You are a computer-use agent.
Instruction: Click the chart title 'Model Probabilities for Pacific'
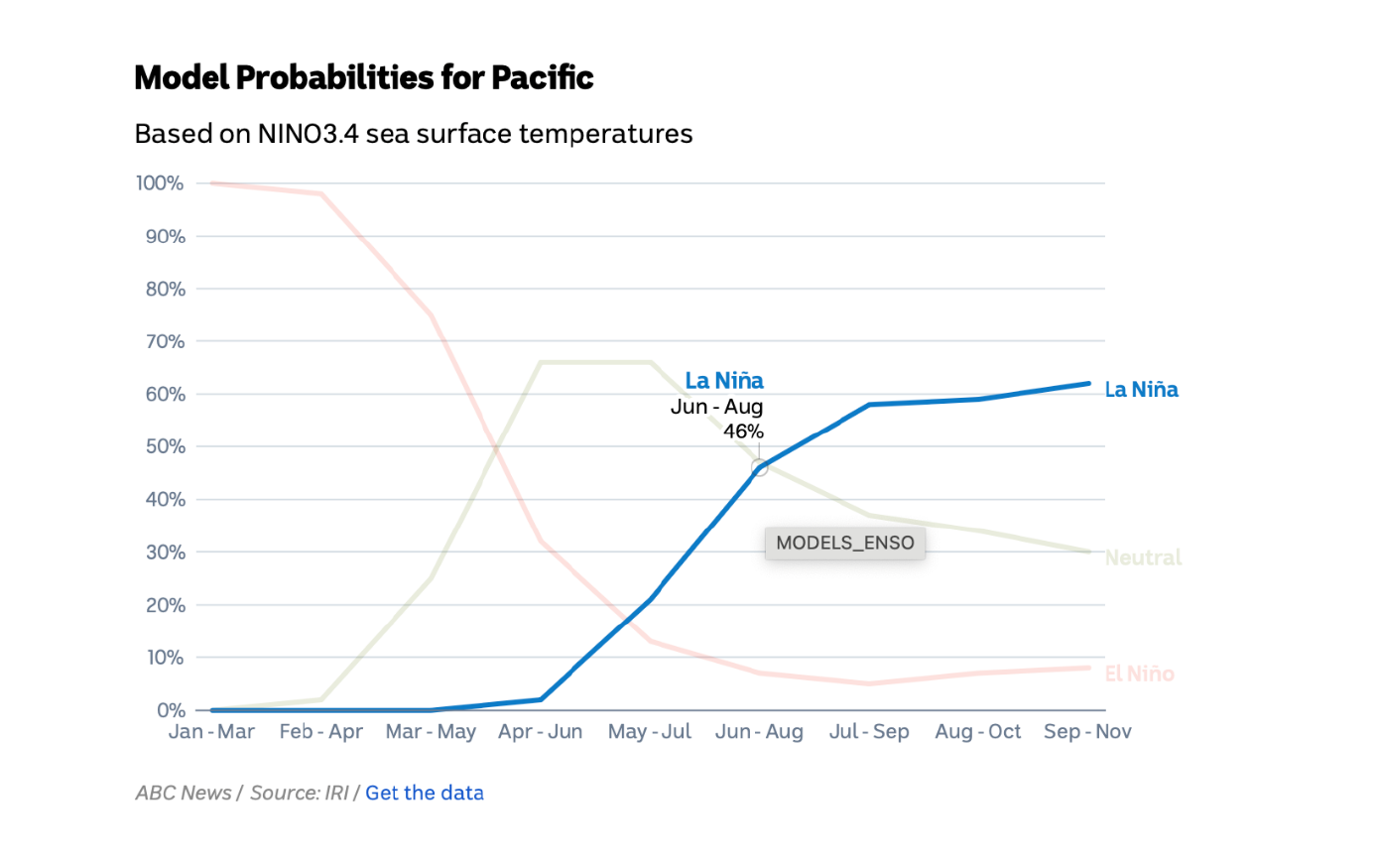363,77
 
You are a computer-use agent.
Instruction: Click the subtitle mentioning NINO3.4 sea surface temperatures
413,134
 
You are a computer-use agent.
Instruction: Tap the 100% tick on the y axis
160,184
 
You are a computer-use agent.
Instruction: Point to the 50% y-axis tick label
163,446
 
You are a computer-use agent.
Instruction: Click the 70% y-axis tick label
163,341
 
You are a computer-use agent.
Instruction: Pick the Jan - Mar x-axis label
211,732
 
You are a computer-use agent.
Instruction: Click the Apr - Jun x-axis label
540,732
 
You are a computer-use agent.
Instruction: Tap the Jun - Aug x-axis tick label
759,732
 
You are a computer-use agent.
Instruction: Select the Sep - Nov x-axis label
1087,732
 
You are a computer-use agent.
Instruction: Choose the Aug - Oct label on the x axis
977,732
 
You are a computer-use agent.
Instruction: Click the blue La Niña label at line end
1141,390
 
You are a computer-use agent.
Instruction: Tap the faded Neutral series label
1143,558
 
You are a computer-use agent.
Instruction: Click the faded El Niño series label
1139,675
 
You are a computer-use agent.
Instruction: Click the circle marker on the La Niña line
759,467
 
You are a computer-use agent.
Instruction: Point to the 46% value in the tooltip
743,430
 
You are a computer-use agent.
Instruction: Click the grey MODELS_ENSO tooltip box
844,544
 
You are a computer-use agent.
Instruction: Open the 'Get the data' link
425,794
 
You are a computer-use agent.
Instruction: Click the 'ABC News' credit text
183,794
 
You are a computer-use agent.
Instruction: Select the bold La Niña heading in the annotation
724,381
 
